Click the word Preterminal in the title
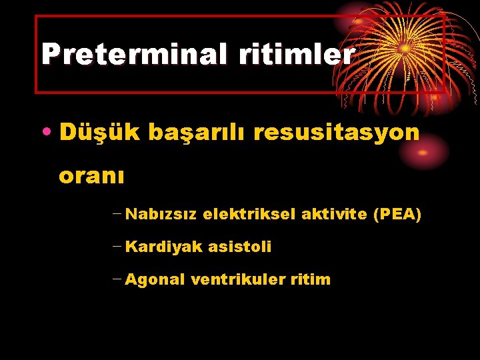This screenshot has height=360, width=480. click(x=133, y=54)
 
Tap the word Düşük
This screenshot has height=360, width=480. click(x=97, y=133)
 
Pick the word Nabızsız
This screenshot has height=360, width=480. click(x=161, y=215)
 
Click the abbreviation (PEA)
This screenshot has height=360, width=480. click(x=397, y=215)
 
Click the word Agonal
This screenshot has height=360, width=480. click(x=155, y=280)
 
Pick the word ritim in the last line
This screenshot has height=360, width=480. click(x=311, y=280)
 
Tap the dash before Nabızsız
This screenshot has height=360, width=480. click(x=117, y=215)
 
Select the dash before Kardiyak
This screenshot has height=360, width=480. click(x=117, y=247)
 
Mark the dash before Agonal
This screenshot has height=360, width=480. click(x=117, y=280)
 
